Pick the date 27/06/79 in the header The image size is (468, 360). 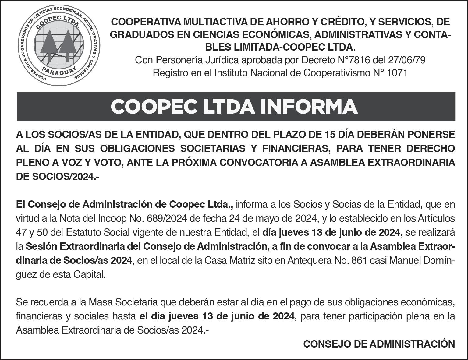[x=407, y=60]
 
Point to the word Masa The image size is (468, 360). [x=100, y=302]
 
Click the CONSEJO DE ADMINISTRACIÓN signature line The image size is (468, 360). [x=379, y=344]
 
